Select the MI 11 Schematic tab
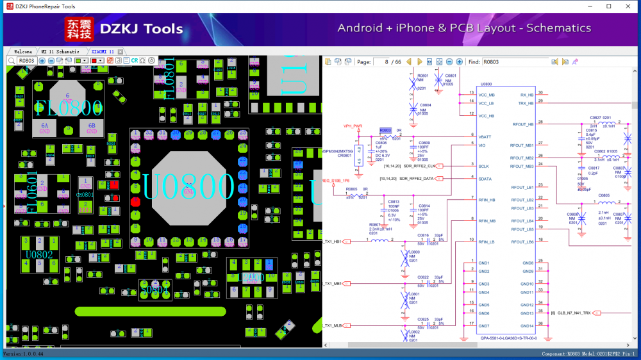pyautogui.click(x=60, y=51)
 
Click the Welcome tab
pyautogui.click(x=23, y=51)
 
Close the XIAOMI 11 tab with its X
pyautogui.click(x=120, y=51)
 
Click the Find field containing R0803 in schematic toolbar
pyautogui.click(x=515, y=61)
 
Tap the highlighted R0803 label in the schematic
pyautogui.click(x=385, y=130)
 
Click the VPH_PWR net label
pyautogui.click(x=353, y=126)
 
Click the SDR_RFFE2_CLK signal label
pyautogui.click(x=420, y=165)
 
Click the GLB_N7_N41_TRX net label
pyautogui.click(x=574, y=313)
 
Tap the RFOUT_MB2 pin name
pyautogui.click(x=522, y=158)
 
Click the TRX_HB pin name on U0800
pyautogui.click(x=526, y=103)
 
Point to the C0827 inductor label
pyautogui.click(x=595, y=118)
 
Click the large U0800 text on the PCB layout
pyautogui.click(x=188, y=186)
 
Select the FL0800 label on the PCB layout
pyautogui.click(x=69, y=107)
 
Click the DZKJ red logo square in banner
pyautogui.click(x=79, y=29)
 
